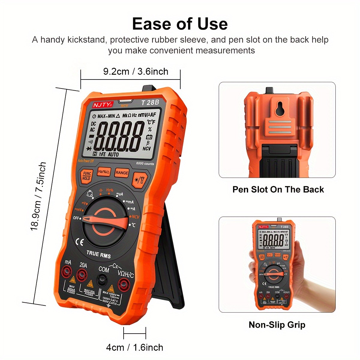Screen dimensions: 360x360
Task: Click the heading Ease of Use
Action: pos(180,24)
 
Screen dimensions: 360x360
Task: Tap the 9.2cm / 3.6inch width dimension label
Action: pos(136,71)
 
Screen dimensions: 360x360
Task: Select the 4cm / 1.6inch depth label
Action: pos(135,347)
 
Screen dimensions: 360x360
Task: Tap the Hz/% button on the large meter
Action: pos(104,172)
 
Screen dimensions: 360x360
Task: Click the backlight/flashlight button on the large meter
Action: pos(139,180)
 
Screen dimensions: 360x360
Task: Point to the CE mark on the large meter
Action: pos(79,242)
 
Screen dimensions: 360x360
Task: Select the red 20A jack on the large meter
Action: pos(81,274)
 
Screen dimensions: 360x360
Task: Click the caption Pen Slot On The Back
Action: pos(278,190)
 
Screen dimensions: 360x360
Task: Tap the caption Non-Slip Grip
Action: pos(277,325)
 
